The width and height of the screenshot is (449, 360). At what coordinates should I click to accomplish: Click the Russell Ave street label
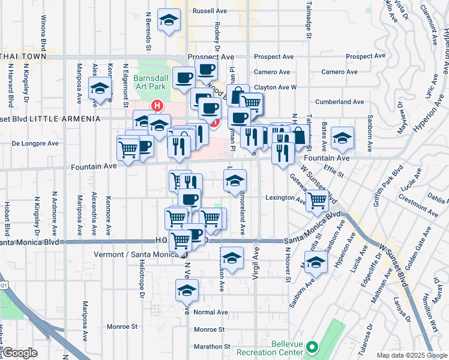pos(208,11)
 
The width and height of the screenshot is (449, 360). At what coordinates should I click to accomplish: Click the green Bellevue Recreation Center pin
pos(312,347)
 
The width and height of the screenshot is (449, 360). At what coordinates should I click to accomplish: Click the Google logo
pos(20,353)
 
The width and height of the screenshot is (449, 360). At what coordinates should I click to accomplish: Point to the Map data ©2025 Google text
pos(411,355)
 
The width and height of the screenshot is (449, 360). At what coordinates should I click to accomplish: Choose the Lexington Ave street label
pos(286,197)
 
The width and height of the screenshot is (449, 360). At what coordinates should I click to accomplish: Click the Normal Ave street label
pos(211,312)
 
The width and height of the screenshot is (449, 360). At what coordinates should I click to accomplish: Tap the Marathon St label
pos(209,347)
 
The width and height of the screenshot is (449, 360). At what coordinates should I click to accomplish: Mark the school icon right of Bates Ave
pos(342,139)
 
